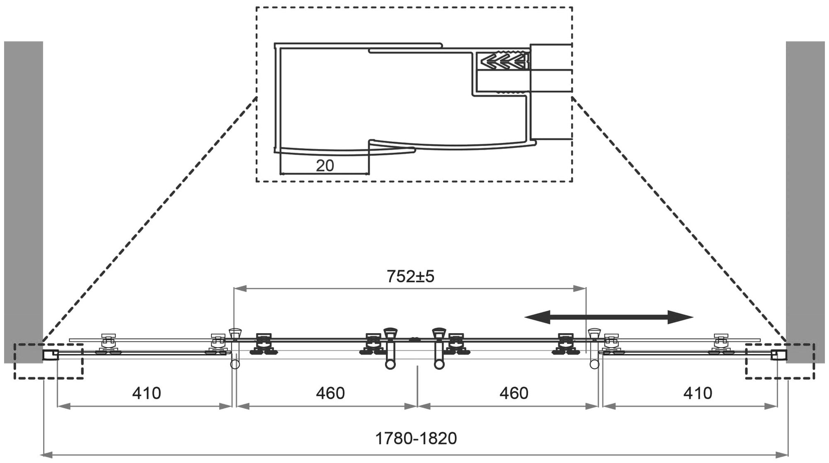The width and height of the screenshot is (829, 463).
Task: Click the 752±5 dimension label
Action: click(410, 276)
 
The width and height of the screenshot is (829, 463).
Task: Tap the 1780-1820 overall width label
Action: click(416, 438)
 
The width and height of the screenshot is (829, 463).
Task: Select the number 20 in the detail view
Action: click(325, 166)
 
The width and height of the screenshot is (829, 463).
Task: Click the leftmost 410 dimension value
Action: click(146, 393)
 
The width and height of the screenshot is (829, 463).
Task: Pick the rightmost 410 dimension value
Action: click(698, 393)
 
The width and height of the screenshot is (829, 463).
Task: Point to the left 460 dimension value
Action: click(330, 393)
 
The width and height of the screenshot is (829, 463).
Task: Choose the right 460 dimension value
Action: click(514, 393)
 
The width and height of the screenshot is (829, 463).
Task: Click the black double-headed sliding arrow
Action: click(608, 317)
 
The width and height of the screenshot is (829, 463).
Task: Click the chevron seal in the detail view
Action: click(504, 61)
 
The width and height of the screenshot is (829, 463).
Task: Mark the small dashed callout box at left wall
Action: click(48, 361)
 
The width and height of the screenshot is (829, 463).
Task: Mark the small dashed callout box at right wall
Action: click(780, 361)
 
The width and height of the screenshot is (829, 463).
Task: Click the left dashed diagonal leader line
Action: click(149, 220)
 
